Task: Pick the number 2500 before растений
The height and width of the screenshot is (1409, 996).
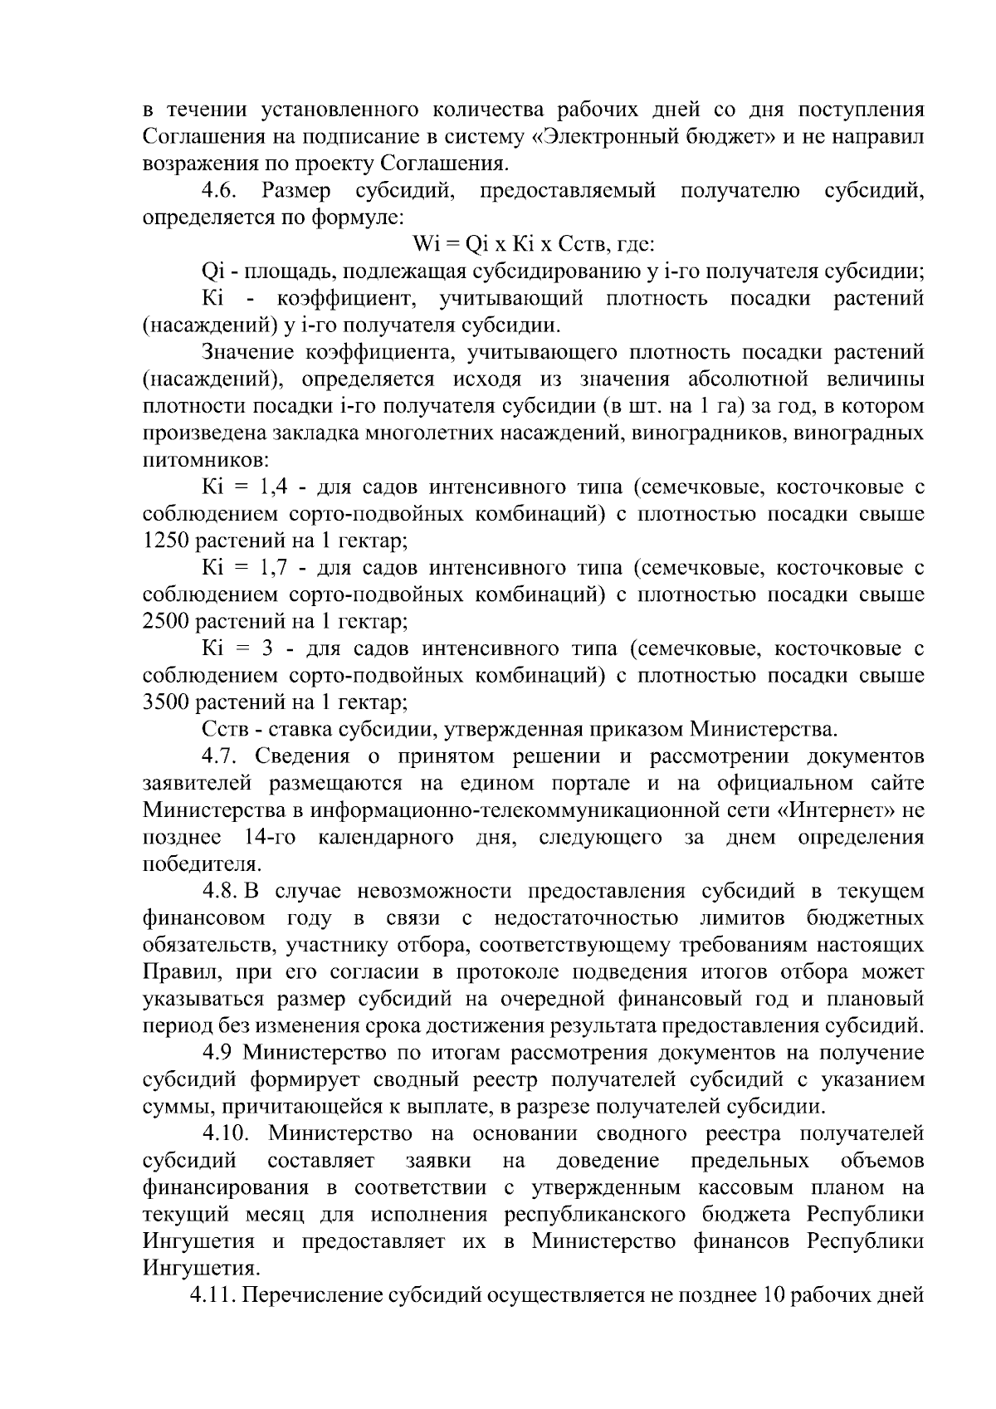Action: (167, 622)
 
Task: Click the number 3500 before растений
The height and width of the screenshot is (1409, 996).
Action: (167, 702)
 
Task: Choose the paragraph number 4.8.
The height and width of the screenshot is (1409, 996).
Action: (221, 891)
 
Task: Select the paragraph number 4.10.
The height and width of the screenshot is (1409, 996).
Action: (226, 1133)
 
